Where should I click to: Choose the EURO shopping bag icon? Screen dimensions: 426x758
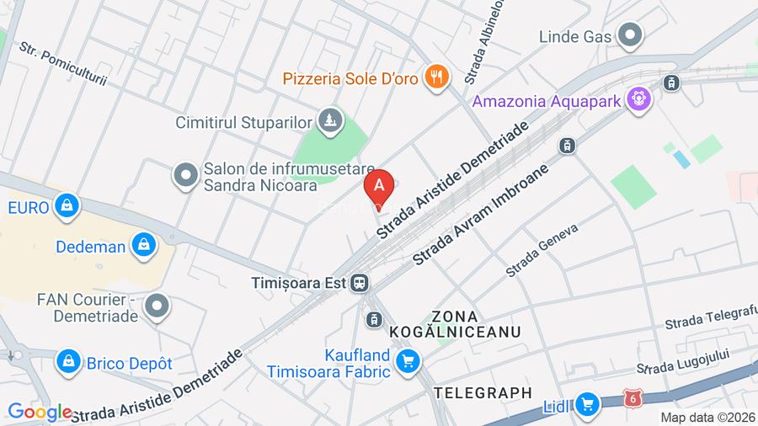tap(65, 205)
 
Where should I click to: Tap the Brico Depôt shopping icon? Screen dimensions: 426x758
tap(67, 363)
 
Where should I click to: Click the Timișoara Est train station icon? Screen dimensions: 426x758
tap(360, 283)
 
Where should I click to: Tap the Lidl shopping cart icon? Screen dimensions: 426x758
tap(586, 405)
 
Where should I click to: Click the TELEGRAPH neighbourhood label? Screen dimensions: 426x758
tap(483, 392)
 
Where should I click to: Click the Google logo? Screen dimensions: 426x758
tap(40, 413)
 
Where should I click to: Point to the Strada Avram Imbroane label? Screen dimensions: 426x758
tap(481, 214)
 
